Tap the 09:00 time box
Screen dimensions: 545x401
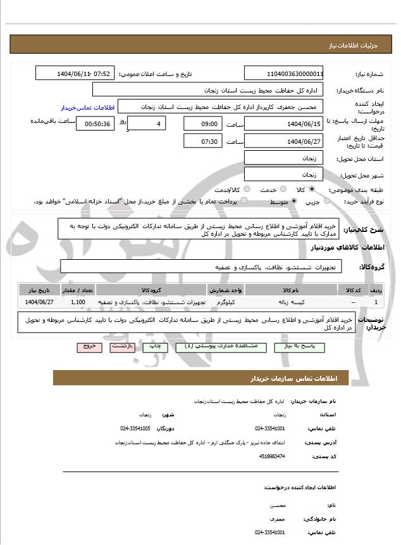coord(203,123)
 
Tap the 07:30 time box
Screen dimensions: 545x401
coord(203,141)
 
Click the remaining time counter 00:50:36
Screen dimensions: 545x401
coord(96,123)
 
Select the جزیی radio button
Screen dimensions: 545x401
coord(327,201)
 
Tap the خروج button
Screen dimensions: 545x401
coord(89,347)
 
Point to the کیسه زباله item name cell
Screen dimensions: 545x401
coord(292,302)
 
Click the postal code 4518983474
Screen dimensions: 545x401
coord(272,456)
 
